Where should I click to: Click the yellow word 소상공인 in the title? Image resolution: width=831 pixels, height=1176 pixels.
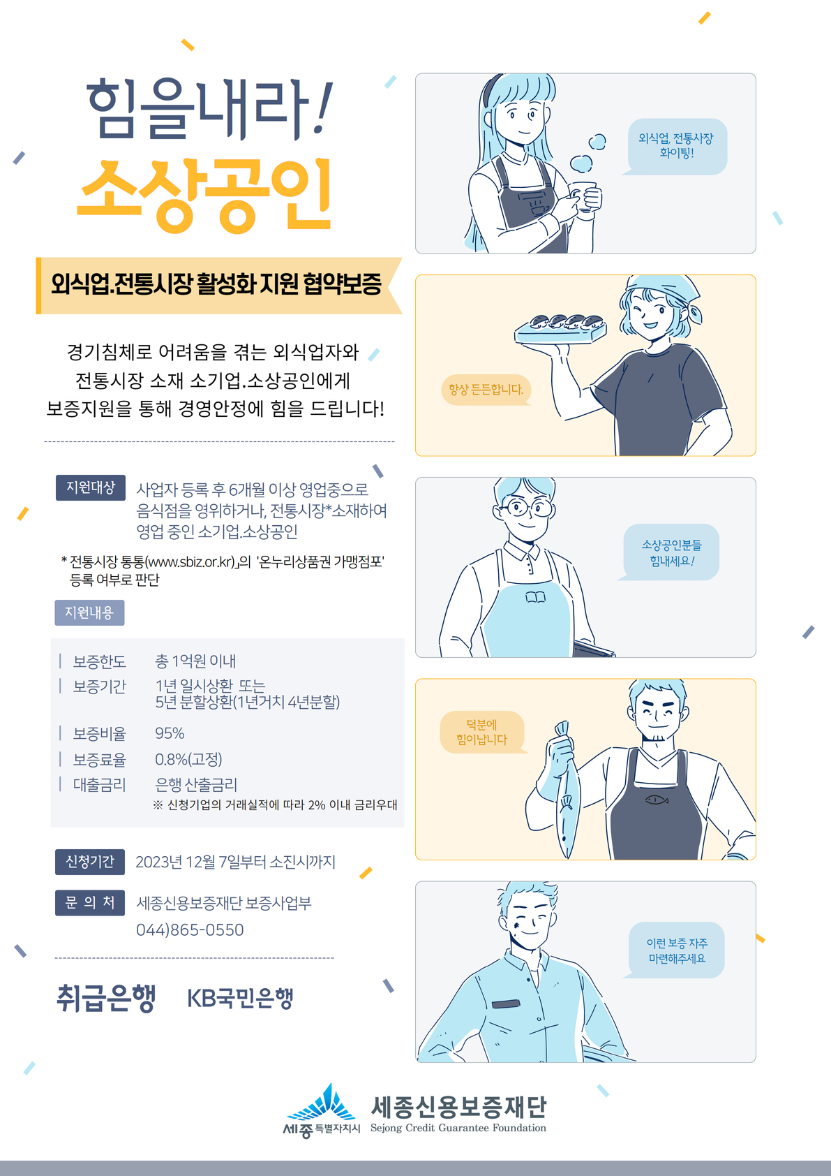click(x=204, y=196)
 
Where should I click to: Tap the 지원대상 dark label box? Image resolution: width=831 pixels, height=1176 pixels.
click(x=90, y=487)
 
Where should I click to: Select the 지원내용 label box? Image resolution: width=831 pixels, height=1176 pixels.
click(x=89, y=612)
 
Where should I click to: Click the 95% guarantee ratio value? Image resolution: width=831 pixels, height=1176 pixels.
click(x=170, y=733)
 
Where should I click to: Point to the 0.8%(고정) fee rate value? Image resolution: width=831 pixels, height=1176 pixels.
click(x=188, y=759)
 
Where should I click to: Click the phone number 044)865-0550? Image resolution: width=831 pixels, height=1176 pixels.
click(x=190, y=929)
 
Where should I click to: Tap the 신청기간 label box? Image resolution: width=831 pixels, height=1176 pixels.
click(x=90, y=862)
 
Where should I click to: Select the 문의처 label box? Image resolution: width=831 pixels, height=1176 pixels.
click(x=90, y=902)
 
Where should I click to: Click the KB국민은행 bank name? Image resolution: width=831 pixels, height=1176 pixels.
click(x=240, y=997)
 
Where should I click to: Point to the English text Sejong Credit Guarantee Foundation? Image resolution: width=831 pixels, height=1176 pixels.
click(x=458, y=1128)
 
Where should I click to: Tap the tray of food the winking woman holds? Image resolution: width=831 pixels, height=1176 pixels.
click(x=560, y=329)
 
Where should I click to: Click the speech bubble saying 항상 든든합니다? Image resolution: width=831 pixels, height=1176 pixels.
click(x=486, y=390)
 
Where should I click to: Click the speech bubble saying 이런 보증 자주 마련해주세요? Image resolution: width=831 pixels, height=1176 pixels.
click(x=675, y=950)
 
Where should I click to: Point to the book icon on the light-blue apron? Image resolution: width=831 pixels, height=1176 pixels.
click(x=535, y=597)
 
